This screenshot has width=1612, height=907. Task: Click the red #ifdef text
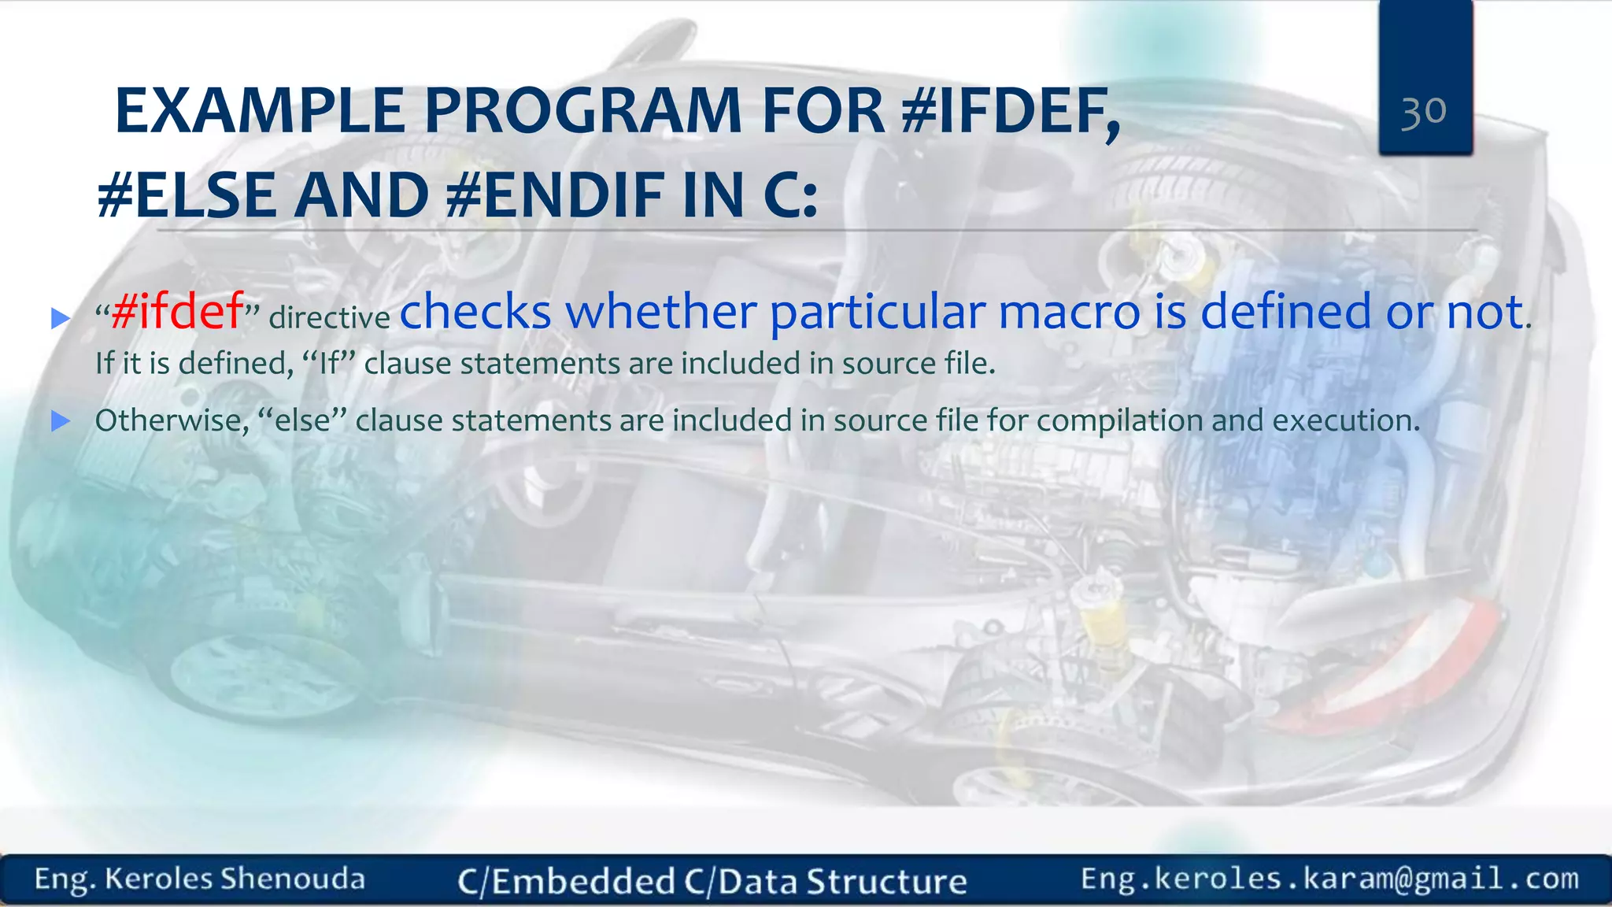pos(177,311)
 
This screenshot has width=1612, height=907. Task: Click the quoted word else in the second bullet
pos(302,420)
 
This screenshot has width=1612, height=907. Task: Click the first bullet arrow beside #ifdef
pos(61,319)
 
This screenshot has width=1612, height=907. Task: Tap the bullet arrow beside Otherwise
pos(61,421)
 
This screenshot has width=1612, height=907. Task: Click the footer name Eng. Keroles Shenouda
pos(200,879)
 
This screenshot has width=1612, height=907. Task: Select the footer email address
pos(1329,879)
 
